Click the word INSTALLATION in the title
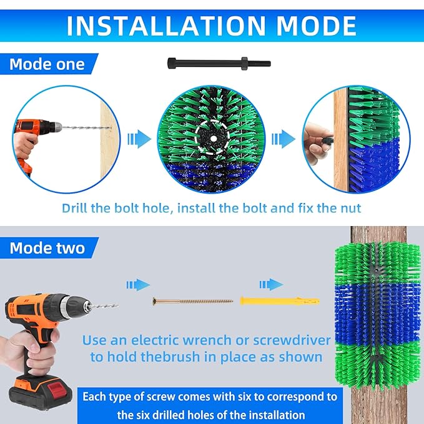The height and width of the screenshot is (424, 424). pyautogui.click(x=153, y=26)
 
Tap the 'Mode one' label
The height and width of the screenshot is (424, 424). pyautogui.click(x=47, y=64)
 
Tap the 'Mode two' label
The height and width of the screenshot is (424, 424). pyautogui.click(x=47, y=248)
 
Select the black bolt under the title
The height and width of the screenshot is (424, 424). pyautogui.click(x=219, y=63)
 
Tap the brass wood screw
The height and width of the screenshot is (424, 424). pyautogui.click(x=194, y=301)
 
